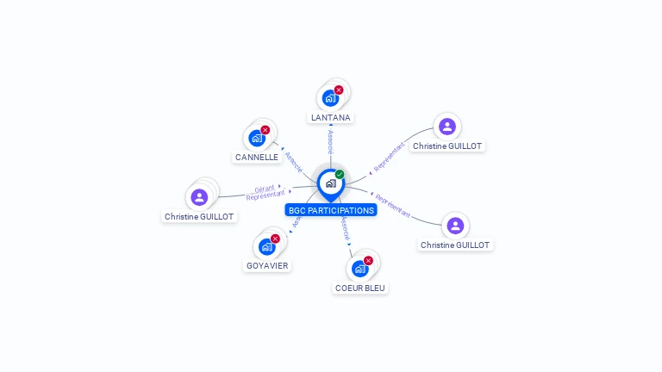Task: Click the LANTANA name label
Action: (332, 117)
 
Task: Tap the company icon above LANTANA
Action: (330, 98)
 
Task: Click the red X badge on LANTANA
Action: (339, 90)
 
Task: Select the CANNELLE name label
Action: (257, 158)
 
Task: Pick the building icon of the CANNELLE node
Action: (256, 138)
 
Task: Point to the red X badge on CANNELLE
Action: (265, 130)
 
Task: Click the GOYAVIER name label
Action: (267, 266)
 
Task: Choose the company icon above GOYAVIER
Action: (266, 247)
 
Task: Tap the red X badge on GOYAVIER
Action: (275, 239)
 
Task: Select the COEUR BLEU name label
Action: (360, 288)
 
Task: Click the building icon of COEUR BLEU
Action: (359, 269)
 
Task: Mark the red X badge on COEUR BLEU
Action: (368, 260)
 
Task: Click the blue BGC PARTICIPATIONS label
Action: (331, 210)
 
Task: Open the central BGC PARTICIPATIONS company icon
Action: (330, 183)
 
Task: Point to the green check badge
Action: (340, 174)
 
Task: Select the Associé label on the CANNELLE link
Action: (293, 162)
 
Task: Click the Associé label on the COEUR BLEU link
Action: (345, 228)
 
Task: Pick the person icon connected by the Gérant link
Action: (199, 197)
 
